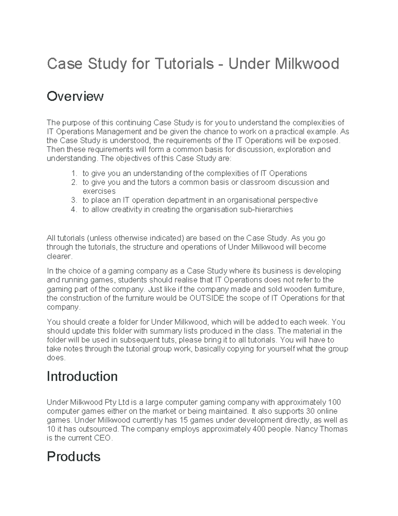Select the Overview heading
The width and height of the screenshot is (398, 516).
coord(75,96)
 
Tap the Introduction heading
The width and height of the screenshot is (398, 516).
coord(82,376)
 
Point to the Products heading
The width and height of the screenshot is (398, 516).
coord(73,457)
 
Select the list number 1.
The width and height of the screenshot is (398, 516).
coord(74,173)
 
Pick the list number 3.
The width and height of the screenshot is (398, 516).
coord(74,200)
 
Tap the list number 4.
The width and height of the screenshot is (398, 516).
coord(74,209)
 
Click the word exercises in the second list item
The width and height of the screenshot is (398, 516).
coord(99,191)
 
